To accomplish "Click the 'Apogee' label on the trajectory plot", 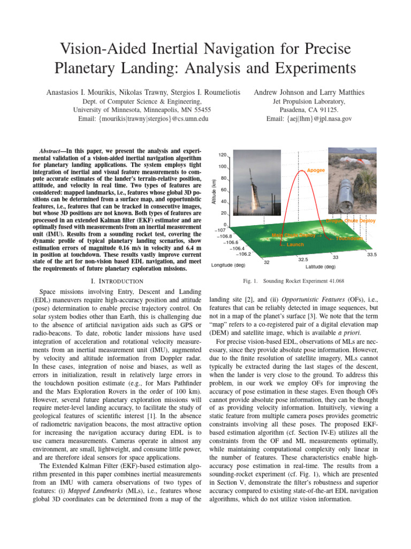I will (316, 170).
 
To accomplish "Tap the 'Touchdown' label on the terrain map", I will (349, 238).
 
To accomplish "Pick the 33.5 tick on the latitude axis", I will (372, 255).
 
